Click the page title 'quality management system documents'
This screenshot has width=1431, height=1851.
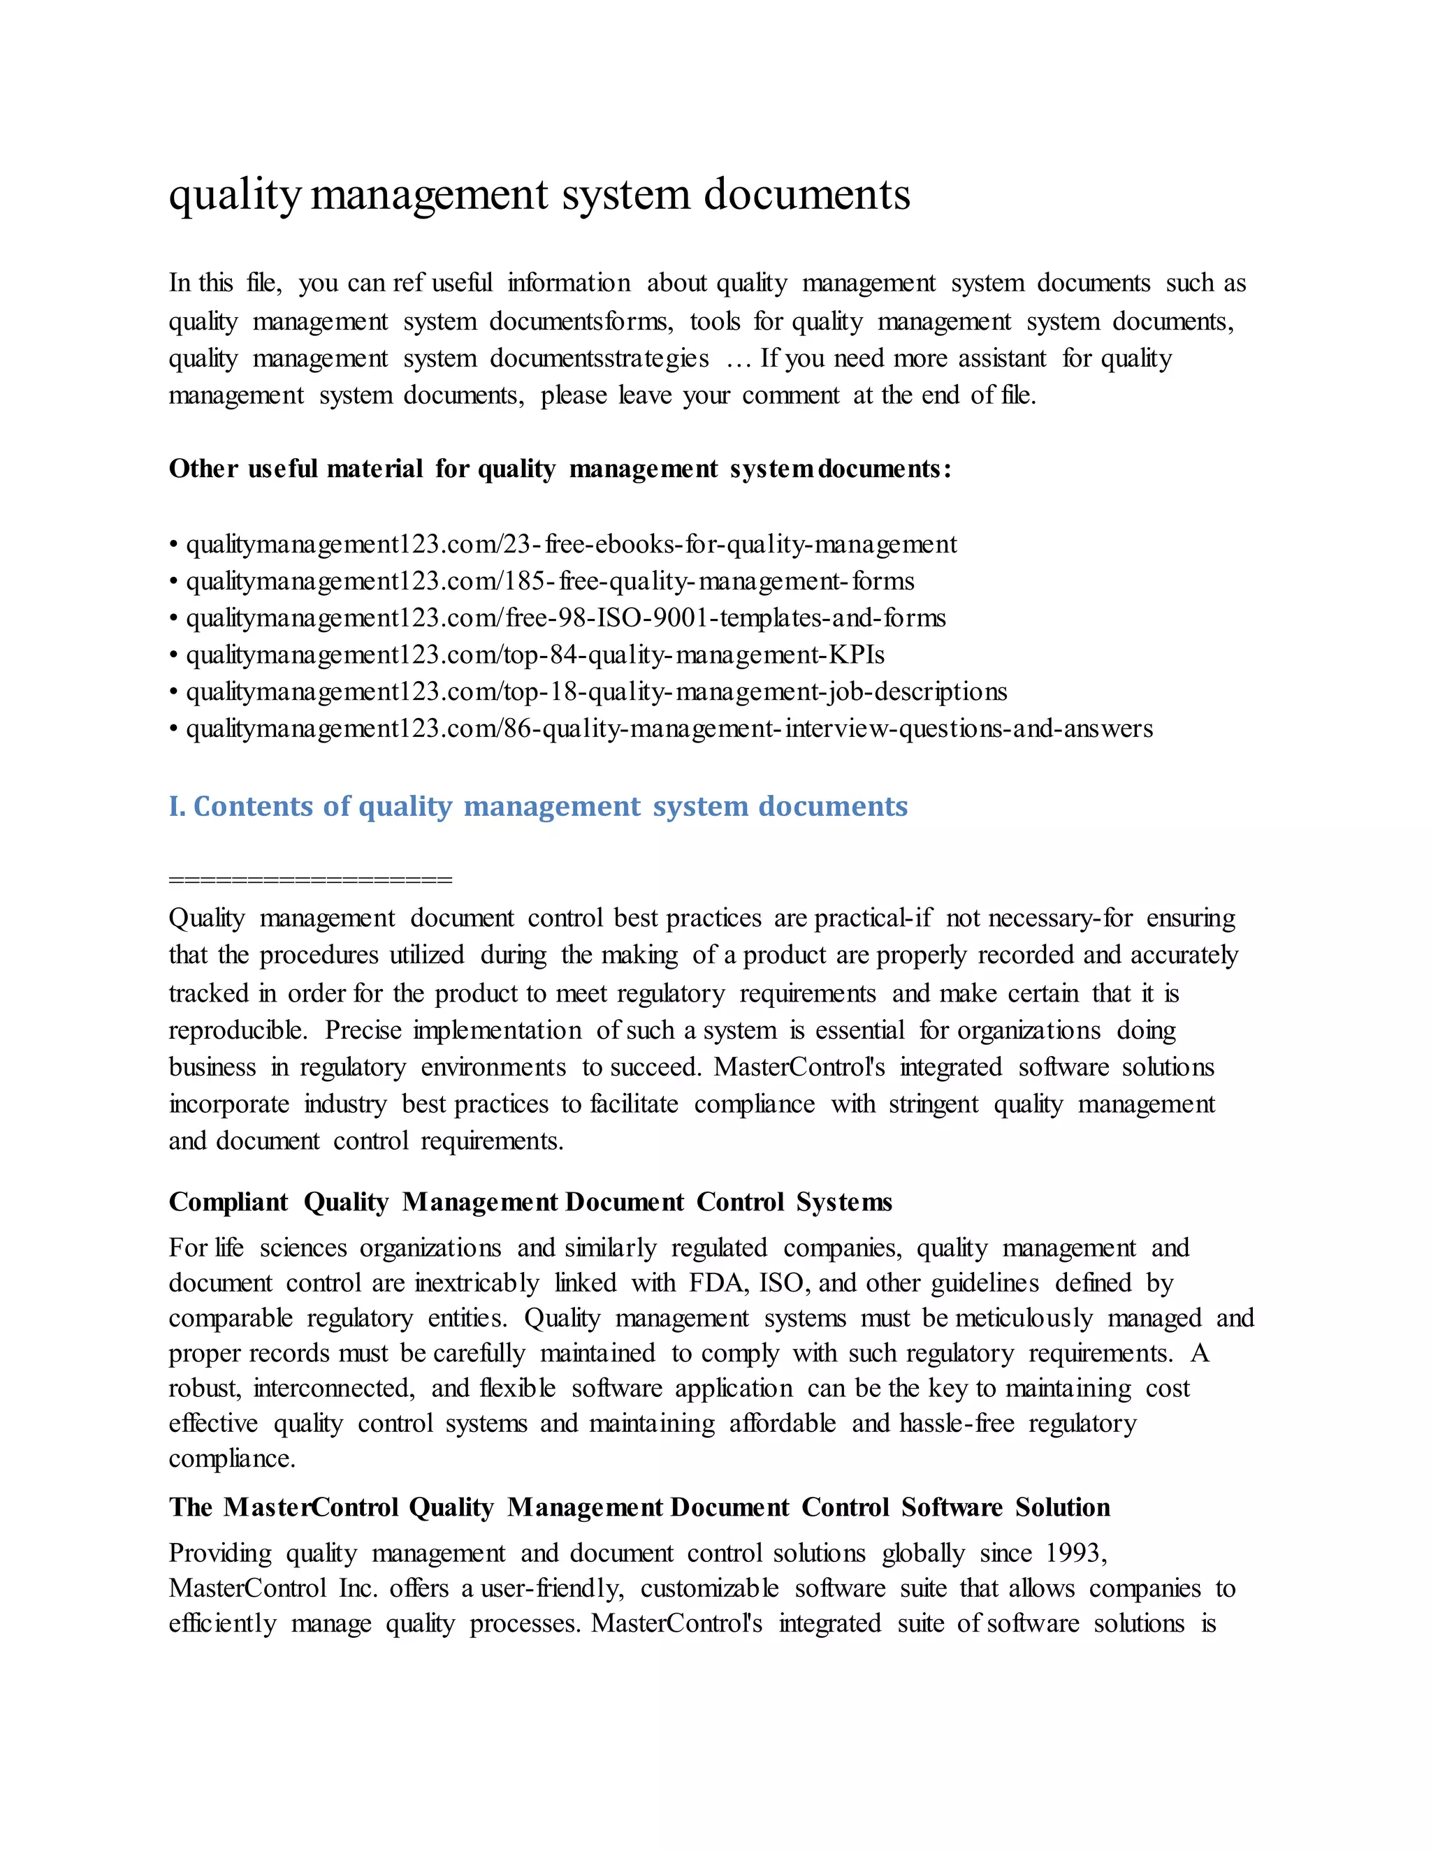[539, 194]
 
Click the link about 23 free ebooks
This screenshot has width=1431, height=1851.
[571, 544]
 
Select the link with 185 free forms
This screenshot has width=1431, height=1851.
[549, 581]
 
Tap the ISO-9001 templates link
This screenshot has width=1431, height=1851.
[565, 618]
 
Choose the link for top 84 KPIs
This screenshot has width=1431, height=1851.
[535, 655]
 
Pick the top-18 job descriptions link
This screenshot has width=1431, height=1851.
[596, 692]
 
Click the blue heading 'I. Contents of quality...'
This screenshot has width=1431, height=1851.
[537, 806]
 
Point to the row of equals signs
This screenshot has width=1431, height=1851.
[310, 879]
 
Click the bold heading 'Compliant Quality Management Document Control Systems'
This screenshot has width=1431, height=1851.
[530, 1202]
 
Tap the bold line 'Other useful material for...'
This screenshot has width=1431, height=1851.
[560, 469]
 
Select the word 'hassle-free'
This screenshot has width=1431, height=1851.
[957, 1423]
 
